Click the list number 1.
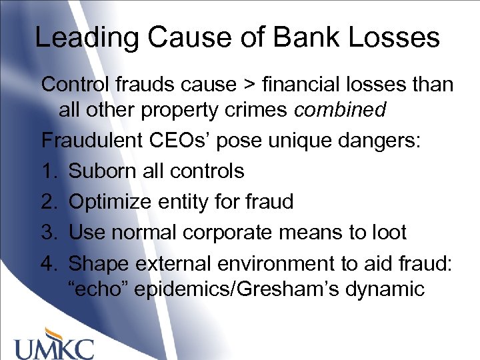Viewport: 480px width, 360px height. coord(48,171)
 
